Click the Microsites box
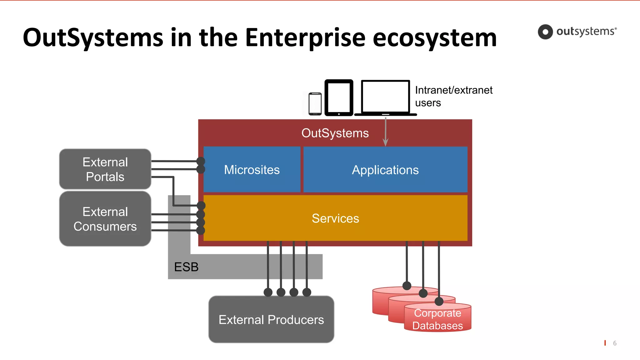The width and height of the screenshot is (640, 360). pos(252,170)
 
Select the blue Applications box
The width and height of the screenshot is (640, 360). pos(385,170)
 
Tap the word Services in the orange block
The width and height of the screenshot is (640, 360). pos(335,218)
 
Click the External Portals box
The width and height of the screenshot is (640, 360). pos(105,169)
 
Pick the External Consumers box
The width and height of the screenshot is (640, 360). pos(105,219)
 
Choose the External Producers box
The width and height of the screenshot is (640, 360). pos(271,319)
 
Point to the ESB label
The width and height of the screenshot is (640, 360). pos(186,267)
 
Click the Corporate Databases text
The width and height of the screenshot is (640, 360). pos(437,319)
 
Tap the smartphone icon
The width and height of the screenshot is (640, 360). pos(315,104)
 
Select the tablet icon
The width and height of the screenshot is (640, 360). pos(339,97)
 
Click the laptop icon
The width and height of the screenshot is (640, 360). pos(385,97)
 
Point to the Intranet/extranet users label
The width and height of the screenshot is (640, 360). pos(453,96)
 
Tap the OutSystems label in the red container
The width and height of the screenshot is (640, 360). pos(335,133)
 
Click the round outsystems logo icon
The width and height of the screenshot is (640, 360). pos(545,32)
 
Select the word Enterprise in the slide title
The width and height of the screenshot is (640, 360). pos(305,38)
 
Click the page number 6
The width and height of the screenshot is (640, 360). pos(615,343)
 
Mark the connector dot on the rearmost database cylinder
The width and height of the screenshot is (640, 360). pos(407,286)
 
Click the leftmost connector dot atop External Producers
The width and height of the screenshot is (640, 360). pos(268,292)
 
